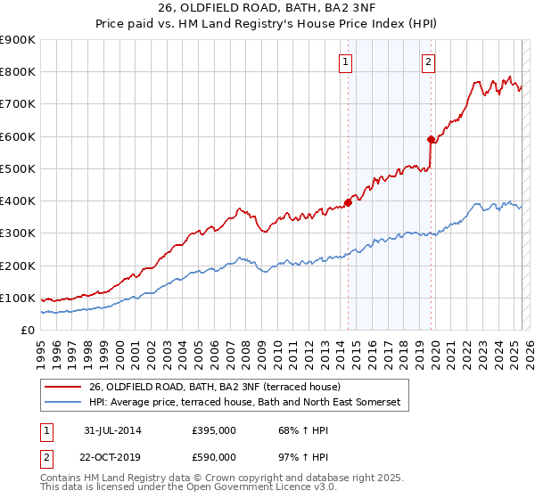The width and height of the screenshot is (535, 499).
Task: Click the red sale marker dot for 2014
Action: point(349,202)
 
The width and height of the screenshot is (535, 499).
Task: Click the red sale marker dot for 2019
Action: point(431,139)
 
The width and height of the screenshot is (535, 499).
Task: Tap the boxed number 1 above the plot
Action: point(345,61)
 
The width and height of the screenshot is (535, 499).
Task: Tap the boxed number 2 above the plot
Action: point(428,61)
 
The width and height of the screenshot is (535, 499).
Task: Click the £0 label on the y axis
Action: point(27,330)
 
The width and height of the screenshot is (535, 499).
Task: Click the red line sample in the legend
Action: point(63,388)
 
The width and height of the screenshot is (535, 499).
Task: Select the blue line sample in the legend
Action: point(63,403)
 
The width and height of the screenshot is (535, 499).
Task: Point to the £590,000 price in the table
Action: point(213,456)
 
